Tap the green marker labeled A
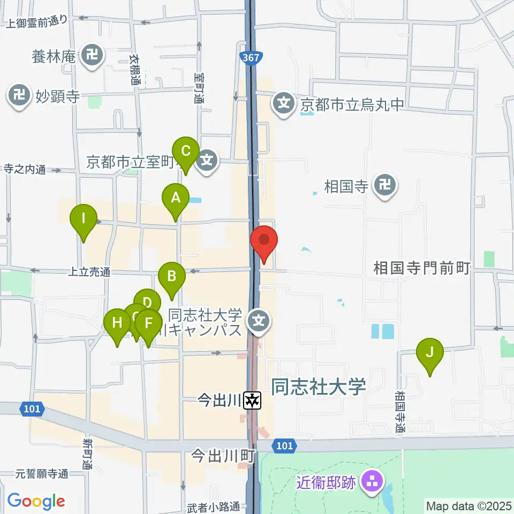[176, 198]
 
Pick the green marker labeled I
[83, 220]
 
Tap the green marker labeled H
[117, 324]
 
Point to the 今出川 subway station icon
[252, 399]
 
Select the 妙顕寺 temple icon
[20, 96]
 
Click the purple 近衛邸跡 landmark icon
[370, 483]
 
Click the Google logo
[36, 501]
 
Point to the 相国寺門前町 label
[421, 268]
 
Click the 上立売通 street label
[89, 272]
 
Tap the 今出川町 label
[223, 456]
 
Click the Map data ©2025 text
[468, 505]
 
